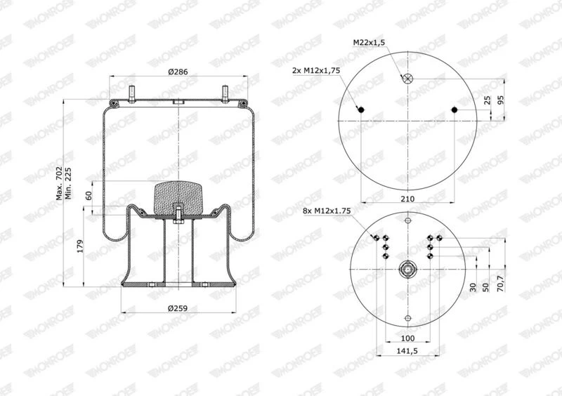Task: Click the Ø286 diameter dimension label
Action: pos(178,72)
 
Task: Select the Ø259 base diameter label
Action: pos(178,308)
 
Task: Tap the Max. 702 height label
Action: pos(59,183)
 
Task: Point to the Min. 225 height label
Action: pos(68,183)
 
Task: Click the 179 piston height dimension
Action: pos(80,246)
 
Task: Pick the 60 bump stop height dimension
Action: pos(89,195)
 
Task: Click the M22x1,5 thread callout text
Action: pos(369,42)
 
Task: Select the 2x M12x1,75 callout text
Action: pos(316,70)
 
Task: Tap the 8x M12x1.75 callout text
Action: pos(327,211)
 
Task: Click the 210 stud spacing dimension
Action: pos(407,199)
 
